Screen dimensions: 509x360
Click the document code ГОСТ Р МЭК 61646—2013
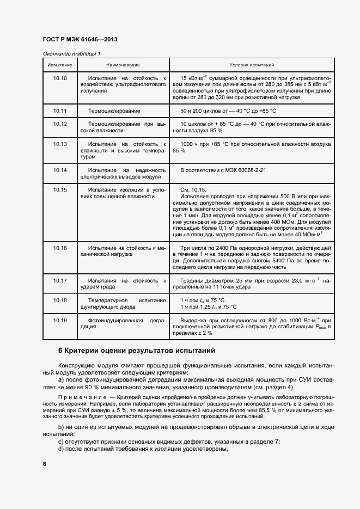(80, 40)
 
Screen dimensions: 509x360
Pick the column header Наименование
(123, 65)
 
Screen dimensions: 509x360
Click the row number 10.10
(60, 78)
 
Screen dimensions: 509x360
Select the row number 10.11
(60, 111)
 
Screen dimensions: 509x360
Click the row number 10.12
(60, 124)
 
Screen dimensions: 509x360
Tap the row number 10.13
(60, 144)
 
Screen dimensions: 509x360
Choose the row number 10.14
(60, 170)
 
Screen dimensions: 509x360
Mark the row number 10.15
(60, 190)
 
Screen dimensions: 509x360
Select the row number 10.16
(60, 248)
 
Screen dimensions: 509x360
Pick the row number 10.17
(60, 281)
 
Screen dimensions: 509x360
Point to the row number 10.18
(60, 301)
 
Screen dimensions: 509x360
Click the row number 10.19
(60, 320)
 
